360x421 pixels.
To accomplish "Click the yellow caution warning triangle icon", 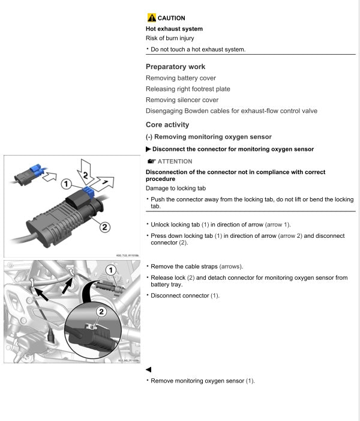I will pos(151,18).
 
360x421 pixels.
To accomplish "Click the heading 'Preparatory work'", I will pos(175,67).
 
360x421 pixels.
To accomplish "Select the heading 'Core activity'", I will pos(167,125).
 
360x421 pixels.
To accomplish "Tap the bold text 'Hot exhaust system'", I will pos(174,29).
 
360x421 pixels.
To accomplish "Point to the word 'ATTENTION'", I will pos(175,162).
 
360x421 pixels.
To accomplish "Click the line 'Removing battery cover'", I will pos(181,78).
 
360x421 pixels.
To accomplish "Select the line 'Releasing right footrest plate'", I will pos(188,89).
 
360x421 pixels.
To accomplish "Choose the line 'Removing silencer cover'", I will pos(182,100).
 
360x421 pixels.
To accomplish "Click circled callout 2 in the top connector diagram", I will pos(104,227).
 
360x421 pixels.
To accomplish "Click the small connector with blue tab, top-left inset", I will pos(26,174).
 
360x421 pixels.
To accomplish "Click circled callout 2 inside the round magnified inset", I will pos(101,311).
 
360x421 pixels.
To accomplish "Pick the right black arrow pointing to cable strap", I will pos(68,287).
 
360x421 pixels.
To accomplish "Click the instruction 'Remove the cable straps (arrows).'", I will pos(192,266).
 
